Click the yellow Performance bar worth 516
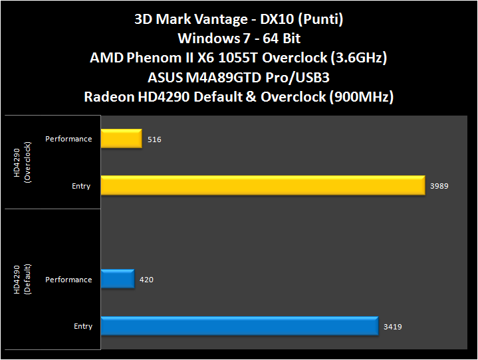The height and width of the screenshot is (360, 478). pyautogui.click(x=121, y=139)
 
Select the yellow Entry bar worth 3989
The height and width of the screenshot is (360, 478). pyautogui.click(x=263, y=185)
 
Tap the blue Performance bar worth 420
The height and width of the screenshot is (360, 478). pyautogui.click(x=118, y=280)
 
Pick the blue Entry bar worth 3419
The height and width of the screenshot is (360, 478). pyautogui.click(x=239, y=326)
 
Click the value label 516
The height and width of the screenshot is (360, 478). pyautogui.click(x=155, y=139)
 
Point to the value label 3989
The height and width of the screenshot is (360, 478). pyautogui.click(x=439, y=186)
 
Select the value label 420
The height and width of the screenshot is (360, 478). pyautogui.click(x=147, y=280)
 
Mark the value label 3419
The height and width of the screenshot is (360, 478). pyautogui.click(x=393, y=326)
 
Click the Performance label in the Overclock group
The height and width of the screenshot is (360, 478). pyautogui.click(x=68, y=139)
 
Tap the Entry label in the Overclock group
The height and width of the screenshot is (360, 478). pyautogui.click(x=81, y=186)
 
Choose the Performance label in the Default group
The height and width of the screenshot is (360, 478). pyautogui.click(x=68, y=280)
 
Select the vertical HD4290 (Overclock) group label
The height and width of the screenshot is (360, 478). pyautogui.click(x=23, y=162)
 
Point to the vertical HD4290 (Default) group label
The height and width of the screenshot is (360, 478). pyautogui.click(x=23, y=303)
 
